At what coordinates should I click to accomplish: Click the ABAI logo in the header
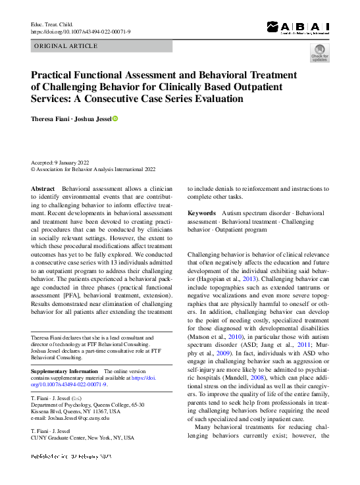297,27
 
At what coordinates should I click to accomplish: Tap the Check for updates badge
319,53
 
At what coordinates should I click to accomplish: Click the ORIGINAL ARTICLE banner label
65,46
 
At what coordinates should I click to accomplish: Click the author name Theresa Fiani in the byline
51,118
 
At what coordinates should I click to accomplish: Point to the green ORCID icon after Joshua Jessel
115,118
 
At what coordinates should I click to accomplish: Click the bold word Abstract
43,188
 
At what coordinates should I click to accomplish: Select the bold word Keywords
201,213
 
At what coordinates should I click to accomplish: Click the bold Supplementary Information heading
64,372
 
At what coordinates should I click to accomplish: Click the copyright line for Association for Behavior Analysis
93,169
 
